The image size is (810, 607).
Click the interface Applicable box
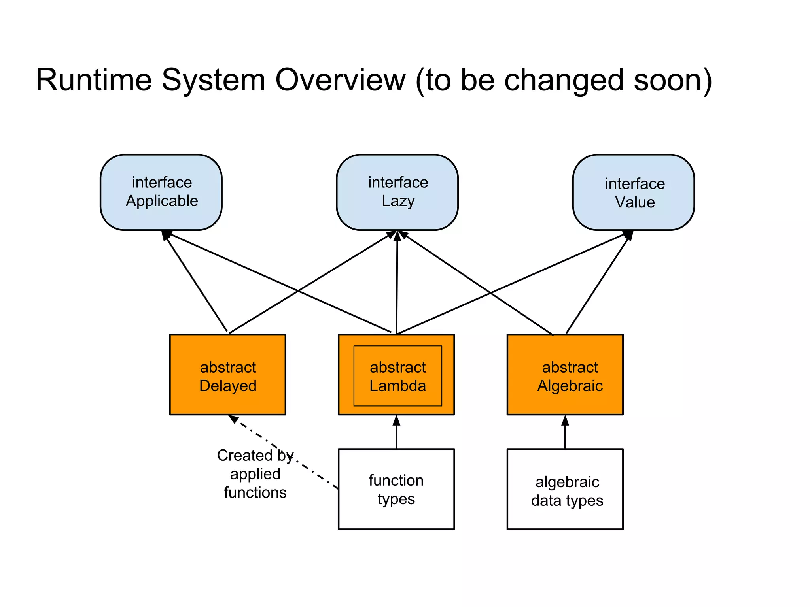161,192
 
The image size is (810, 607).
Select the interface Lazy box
397,192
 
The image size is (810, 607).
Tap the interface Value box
633,192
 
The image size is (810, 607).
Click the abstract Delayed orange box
227,375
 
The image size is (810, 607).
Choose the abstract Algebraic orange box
565,375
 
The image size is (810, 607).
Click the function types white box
396,489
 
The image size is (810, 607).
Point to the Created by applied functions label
255,474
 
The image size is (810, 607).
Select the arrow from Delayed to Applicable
196,283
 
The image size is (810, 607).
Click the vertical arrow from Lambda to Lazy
397,283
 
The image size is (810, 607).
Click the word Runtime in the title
94,80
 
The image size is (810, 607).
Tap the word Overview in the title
340,80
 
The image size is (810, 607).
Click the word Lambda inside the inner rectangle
397,386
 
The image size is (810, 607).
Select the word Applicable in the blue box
162,202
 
